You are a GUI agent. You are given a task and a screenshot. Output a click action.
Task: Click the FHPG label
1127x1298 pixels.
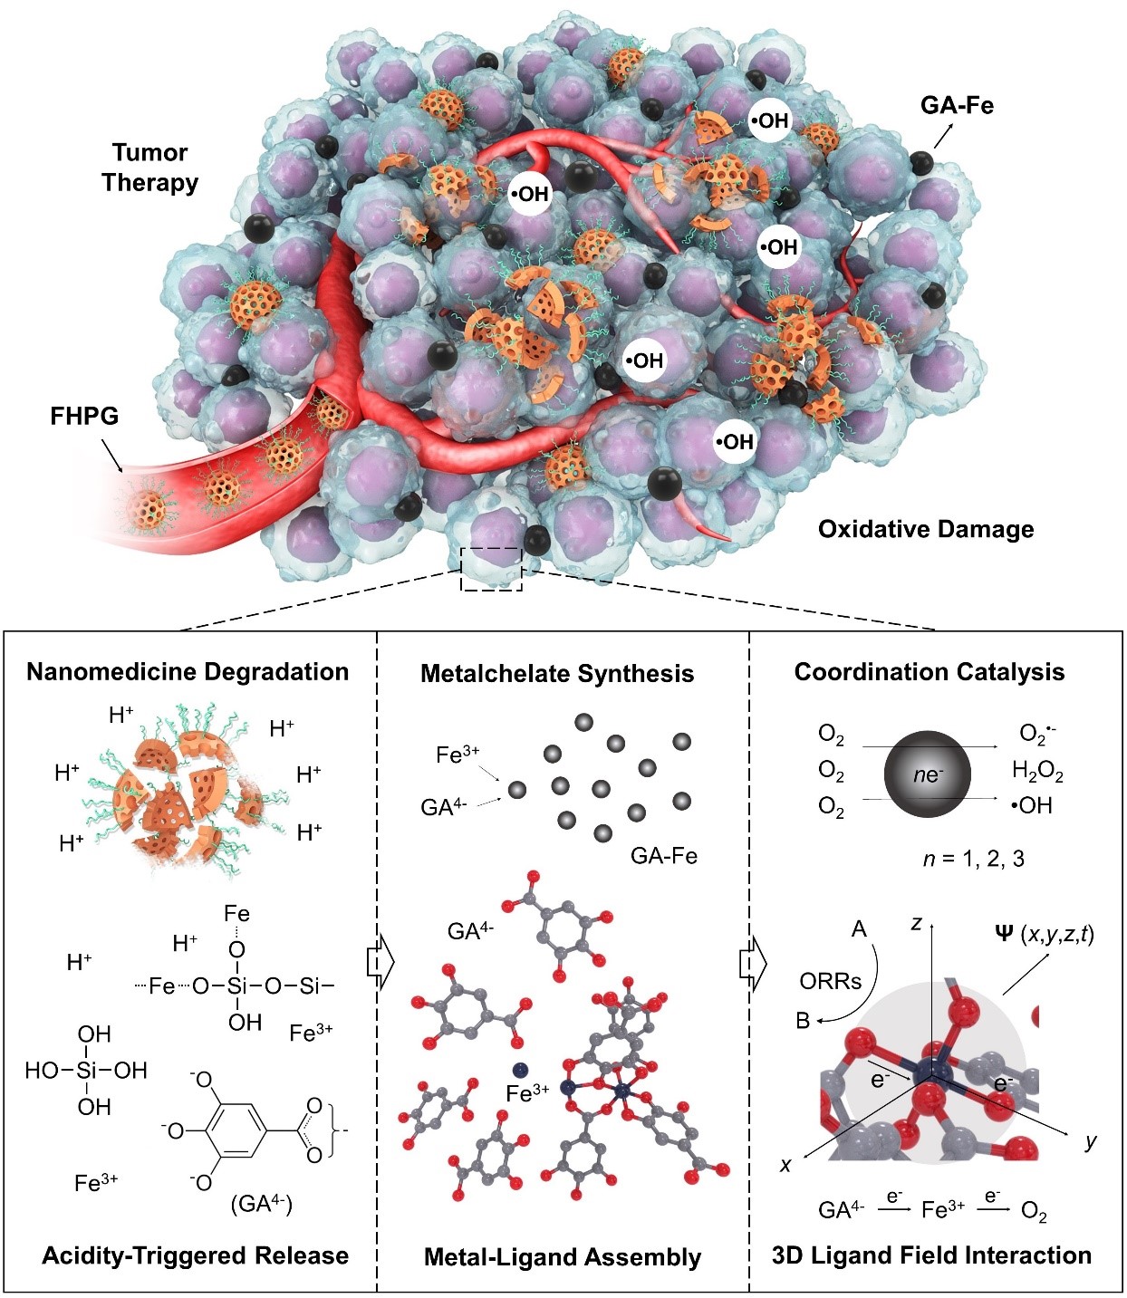click(x=84, y=417)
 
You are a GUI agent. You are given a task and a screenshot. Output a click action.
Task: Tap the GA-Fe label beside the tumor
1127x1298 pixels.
click(x=957, y=106)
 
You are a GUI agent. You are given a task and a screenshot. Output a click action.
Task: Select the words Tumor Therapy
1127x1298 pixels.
click(x=149, y=168)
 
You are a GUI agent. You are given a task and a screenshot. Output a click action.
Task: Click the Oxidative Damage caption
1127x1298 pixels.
click(x=926, y=529)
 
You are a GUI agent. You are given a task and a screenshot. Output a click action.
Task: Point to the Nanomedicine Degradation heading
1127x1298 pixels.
click(x=188, y=672)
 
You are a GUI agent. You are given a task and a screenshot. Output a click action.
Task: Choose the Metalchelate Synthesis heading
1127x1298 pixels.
click(x=557, y=674)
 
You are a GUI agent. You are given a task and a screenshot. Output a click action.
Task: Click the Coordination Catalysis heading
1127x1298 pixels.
click(x=930, y=672)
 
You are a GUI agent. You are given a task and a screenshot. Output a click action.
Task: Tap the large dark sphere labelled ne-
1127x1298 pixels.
click(x=927, y=774)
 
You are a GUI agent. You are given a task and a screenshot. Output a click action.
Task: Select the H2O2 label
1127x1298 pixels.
click(x=1037, y=772)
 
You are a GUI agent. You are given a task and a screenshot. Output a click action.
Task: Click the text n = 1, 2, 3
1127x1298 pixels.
click(x=973, y=858)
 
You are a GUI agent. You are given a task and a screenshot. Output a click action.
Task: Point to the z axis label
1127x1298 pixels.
click(x=917, y=923)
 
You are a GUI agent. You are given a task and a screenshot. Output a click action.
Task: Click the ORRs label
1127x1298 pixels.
click(x=830, y=980)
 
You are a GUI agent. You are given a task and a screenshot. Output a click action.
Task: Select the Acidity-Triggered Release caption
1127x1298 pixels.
click(x=195, y=1255)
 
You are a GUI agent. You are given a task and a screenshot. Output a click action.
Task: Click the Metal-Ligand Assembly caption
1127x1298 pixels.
click(x=563, y=1257)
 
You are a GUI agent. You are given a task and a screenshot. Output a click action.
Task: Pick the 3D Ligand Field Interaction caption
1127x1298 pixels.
click(x=931, y=1255)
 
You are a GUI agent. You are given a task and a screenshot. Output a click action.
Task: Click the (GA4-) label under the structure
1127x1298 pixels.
click(x=262, y=1204)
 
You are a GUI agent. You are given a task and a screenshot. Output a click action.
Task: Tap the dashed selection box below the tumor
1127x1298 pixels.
click(x=491, y=569)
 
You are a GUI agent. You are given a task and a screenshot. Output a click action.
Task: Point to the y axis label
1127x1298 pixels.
click(x=1091, y=1140)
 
